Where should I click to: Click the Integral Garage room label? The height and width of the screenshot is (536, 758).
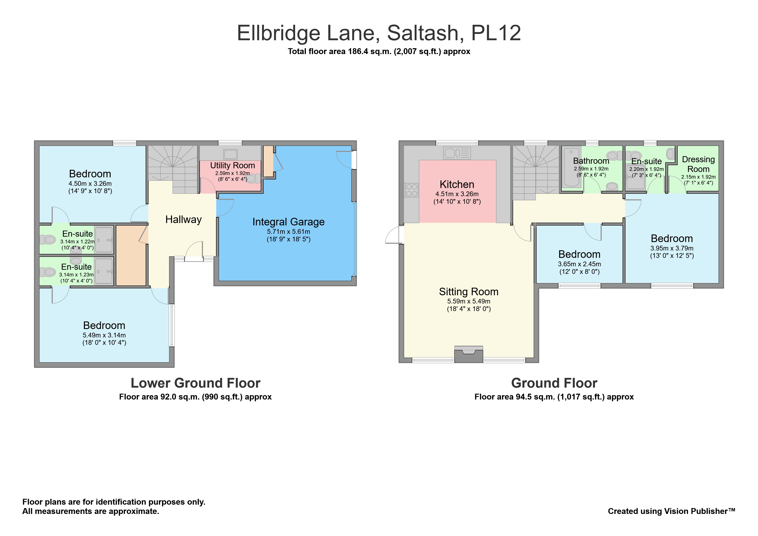point(288,222)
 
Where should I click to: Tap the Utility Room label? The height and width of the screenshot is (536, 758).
point(232,165)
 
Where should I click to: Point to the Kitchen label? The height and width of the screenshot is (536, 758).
point(457,184)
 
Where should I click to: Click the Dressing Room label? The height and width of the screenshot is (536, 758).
point(698,164)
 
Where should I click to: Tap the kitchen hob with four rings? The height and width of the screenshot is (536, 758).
point(411,190)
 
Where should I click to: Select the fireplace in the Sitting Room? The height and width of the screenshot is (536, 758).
point(469,354)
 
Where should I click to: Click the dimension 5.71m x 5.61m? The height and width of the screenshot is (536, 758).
point(288,232)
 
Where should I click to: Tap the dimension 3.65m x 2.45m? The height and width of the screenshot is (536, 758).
point(579,264)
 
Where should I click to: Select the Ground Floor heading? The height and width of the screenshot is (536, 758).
point(554,383)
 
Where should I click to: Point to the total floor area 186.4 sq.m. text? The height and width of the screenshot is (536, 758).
point(379,51)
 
